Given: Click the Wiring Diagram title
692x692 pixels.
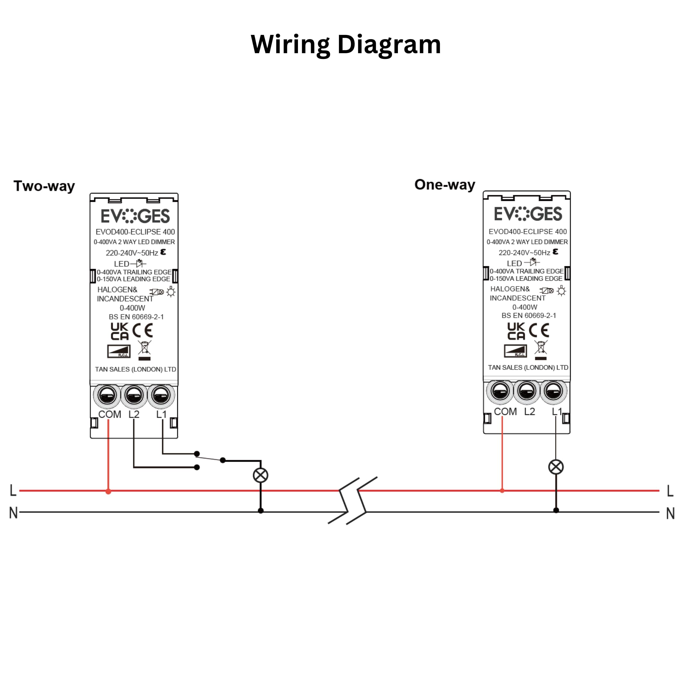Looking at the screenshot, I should click(346, 45).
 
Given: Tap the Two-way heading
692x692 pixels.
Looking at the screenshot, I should click(44, 186).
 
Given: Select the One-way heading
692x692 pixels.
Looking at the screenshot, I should click(444, 185).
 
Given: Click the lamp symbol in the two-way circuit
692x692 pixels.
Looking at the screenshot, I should click(260, 475).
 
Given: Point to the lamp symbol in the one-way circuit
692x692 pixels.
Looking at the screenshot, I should click(556, 467).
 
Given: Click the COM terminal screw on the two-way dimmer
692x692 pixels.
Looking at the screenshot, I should click(107, 395).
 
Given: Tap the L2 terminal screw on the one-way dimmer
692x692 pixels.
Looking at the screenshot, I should click(526, 392).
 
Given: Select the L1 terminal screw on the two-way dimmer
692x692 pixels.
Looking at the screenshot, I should click(161, 395).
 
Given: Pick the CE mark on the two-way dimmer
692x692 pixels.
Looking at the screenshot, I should click(143, 331).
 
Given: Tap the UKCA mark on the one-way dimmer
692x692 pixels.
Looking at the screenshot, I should click(516, 331).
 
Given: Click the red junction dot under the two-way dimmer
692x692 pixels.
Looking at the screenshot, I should click(108, 491).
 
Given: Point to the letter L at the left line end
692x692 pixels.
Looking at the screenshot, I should click(13, 490).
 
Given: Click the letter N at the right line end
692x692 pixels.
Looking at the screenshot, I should click(670, 514).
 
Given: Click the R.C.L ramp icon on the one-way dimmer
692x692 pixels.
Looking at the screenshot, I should click(515, 351).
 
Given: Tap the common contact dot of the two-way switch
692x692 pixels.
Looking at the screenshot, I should click(223, 460).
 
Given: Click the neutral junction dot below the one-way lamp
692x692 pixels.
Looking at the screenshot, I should click(556, 510).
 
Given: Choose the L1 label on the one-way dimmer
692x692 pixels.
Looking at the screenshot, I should click(556, 412).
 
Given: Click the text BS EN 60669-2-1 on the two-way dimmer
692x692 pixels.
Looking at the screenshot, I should click(136, 317).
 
